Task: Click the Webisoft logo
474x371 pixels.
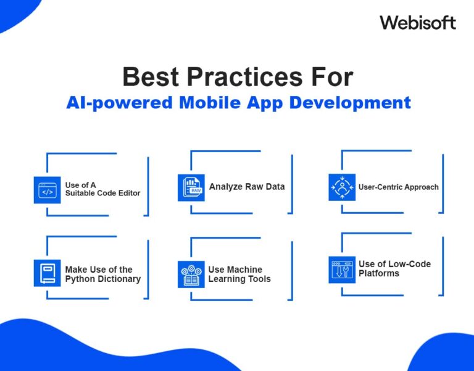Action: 418,23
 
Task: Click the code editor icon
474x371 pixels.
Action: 47,190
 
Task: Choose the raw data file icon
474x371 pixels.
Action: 191,187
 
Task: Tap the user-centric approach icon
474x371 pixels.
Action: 342,187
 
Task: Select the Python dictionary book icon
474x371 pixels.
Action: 47,273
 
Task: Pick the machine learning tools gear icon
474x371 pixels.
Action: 191,274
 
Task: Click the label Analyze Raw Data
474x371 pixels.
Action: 247,187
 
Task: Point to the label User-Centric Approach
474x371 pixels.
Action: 399,187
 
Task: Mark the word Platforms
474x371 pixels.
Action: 379,273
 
